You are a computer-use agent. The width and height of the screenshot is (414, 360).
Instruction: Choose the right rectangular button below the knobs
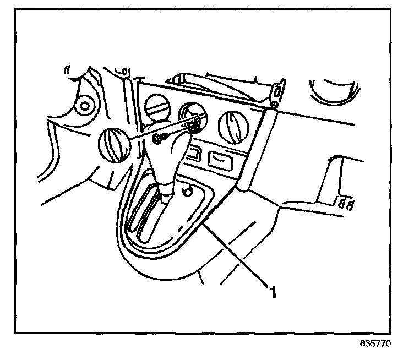click(221, 161)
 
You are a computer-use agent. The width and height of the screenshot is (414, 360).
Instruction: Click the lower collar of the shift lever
click(168, 192)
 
